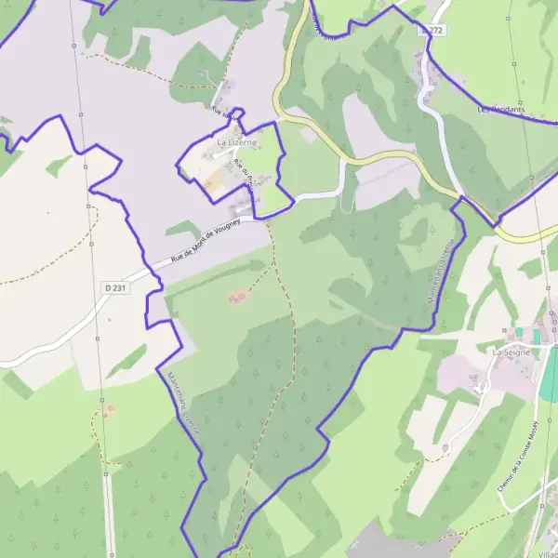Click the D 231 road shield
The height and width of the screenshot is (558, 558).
[115, 288]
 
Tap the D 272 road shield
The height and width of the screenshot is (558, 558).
[432, 31]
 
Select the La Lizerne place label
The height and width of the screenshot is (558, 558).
[236, 143]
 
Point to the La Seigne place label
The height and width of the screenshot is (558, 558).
[511, 353]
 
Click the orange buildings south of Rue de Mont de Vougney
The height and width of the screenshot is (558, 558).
[239, 297]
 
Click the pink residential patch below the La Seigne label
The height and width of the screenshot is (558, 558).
[465, 377]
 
